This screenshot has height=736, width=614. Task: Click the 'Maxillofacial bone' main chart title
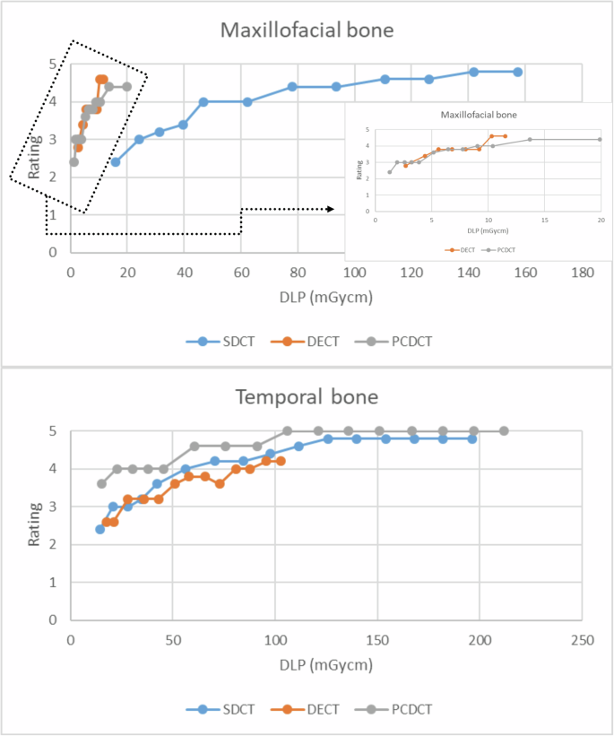point(307,30)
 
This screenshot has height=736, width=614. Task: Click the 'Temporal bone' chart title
point(307,397)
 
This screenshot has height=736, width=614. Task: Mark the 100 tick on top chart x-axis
point(355,273)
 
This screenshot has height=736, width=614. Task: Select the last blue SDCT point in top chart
point(518,72)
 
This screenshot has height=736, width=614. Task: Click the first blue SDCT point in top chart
point(115,162)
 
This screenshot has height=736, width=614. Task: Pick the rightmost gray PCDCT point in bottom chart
point(504,431)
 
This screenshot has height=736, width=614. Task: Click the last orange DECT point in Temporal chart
point(281,461)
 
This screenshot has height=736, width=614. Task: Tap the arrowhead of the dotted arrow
point(332,209)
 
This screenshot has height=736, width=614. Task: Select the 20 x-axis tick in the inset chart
point(601,220)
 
